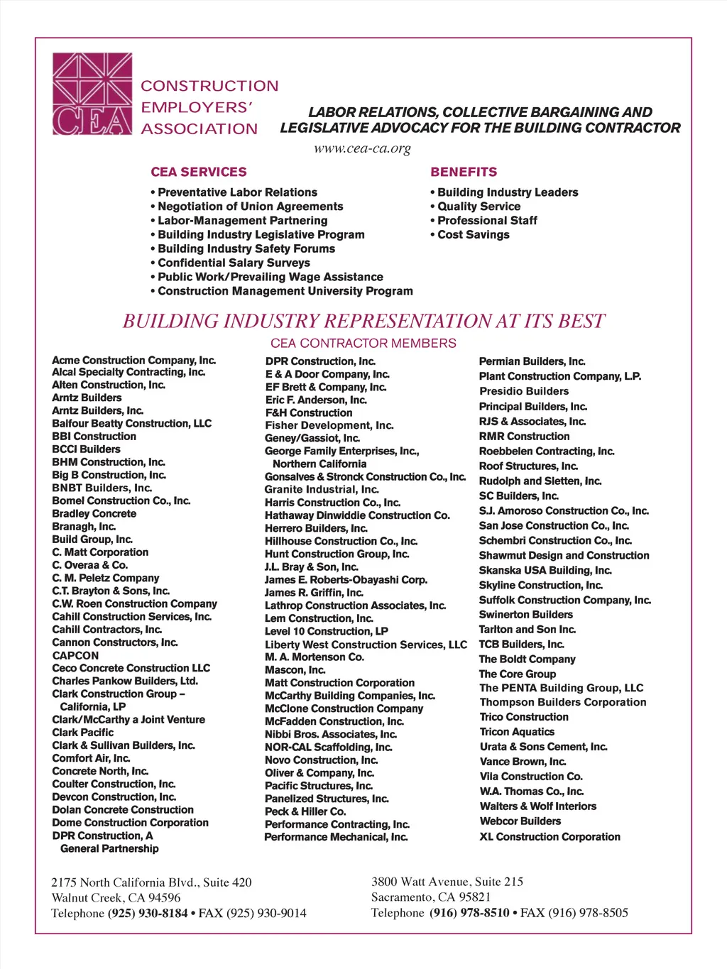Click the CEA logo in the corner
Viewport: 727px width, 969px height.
pyautogui.click(x=92, y=94)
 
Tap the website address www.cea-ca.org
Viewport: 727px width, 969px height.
pyautogui.click(x=362, y=148)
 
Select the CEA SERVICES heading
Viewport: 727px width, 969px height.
pyautogui.click(x=199, y=172)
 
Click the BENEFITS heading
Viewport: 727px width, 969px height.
pyautogui.click(x=464, y=172)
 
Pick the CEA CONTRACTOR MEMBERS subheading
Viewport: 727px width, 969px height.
pyautogui.click(x=363, y=343)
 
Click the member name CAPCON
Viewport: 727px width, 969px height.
pyautogui.click(x=75, y=655)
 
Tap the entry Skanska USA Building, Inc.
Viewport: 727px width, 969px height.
pyautogui.click(x=545, y=570)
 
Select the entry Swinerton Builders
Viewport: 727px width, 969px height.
pyautogui.click(x=525, y=614)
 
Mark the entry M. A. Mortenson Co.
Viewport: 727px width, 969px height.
pyautogui.click(x=315, y=657)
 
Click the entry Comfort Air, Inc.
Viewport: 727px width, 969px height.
pyautogui.click(x=91, y=758)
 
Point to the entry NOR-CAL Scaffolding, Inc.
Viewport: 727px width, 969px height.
pyautogui.click(x=328, y=747)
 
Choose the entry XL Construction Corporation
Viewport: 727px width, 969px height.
pyautogui.click(x=550, y=836)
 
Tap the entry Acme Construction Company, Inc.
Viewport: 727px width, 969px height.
pyautogui.click(x=133, y=360)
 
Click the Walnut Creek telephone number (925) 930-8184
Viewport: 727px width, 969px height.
pyautogui.click(x=148, y=913)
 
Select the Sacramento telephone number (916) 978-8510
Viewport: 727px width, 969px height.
pyautogui.click(x=469, y=912)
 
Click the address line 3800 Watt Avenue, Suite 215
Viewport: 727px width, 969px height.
pyautogui.click(x=447, y=882)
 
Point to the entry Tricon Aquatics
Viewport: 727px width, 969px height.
pyautogui.click(x=517, y=731)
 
